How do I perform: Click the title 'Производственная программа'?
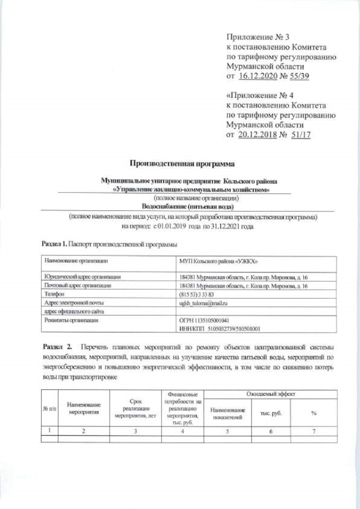(181, 164)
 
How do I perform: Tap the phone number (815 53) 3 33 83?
(197, 294)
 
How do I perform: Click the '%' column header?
(313, 413)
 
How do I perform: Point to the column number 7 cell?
(313, 431)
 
